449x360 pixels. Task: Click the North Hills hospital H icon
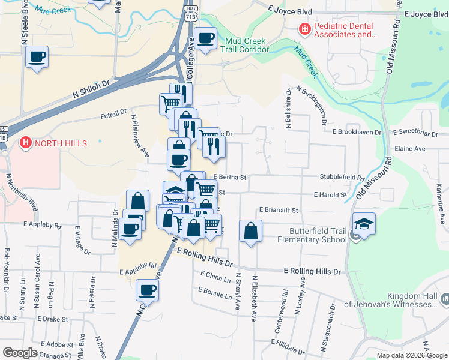26,143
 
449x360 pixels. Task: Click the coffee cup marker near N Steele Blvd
37,58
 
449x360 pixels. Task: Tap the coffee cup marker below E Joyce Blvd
205,39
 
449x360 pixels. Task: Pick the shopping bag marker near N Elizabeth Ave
250,231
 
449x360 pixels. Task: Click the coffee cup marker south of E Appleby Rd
146,291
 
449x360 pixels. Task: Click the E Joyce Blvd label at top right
427,14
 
